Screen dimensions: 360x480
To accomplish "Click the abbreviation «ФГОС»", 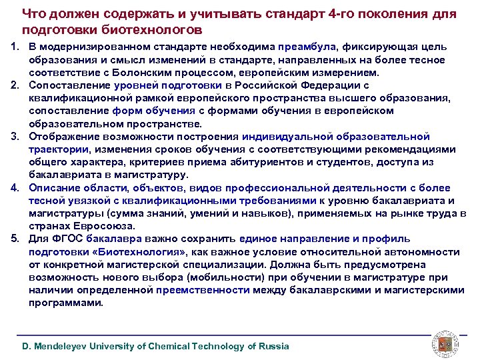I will (x=67, y=239).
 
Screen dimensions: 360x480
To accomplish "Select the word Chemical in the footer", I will (x=163, y=346).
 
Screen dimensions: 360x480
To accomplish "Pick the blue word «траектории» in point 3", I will (x=59, y=149).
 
